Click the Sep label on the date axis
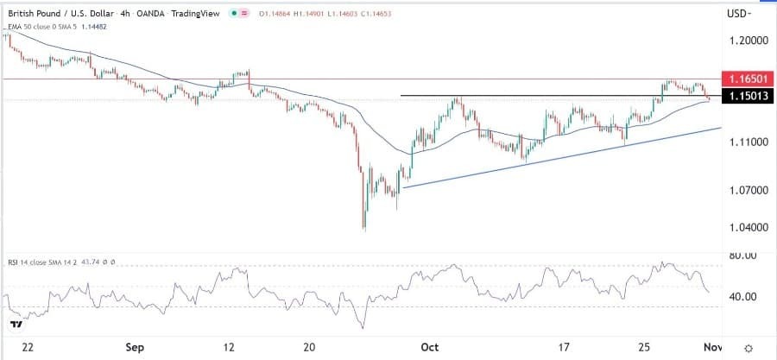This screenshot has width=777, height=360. [135, 347]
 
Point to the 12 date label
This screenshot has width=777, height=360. [229, 347]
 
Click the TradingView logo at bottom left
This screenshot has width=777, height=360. [15, 325]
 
